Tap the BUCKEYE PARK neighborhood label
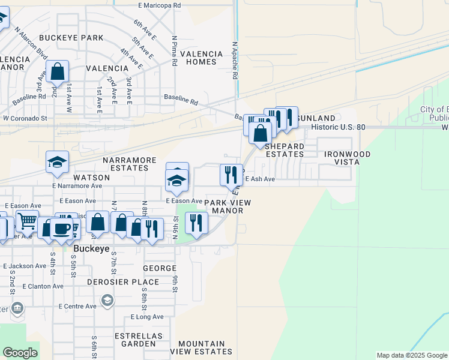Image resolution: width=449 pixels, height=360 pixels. (x=71, y=38)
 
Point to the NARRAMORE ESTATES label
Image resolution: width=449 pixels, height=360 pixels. (x=130, y=165)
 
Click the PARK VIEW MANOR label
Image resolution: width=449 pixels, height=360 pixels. (x=228, y=206)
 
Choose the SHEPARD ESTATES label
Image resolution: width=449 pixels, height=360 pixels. (x=285, y=150)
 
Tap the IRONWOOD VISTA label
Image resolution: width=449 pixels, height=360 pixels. (x=348, y=158)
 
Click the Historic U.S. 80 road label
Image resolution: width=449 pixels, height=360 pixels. (x=339, y=127)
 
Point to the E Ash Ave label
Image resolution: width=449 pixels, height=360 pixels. (x=260, y=179)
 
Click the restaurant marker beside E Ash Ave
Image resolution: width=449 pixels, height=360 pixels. (x=231, y=175)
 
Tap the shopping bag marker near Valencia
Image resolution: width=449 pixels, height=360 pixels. (x=58, y=72)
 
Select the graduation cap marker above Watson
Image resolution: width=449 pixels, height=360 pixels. (x=58, y=162)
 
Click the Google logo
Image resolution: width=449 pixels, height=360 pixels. (x=20, y=353)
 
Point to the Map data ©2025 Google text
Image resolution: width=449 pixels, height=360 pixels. (x=411, y=355)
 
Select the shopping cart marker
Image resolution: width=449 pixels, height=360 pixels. (x=27, y=221)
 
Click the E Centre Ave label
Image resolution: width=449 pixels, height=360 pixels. (x=77, y=306)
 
